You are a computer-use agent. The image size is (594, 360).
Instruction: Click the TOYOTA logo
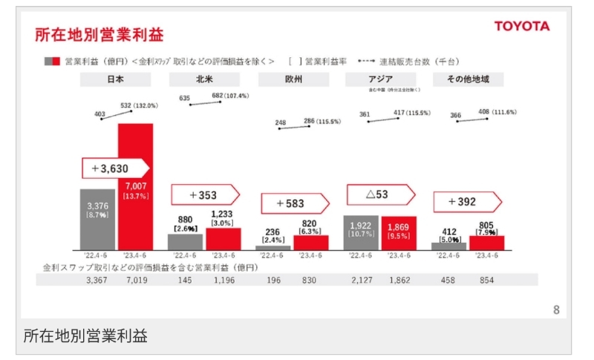522,27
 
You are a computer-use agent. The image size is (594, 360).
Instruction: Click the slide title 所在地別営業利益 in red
99,34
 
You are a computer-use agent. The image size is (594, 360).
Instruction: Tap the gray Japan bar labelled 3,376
98,219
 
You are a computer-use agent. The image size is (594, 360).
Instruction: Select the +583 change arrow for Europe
294,203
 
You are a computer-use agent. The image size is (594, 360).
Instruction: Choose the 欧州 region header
293,79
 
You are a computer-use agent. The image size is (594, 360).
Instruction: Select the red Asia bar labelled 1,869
399,233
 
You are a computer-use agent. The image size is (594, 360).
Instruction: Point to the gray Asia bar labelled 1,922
362,232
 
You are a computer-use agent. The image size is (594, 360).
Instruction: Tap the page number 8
556,310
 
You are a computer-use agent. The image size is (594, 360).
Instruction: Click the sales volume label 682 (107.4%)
229,96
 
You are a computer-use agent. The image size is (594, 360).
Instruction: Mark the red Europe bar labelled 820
310,243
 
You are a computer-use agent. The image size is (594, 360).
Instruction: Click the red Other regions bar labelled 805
487,243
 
